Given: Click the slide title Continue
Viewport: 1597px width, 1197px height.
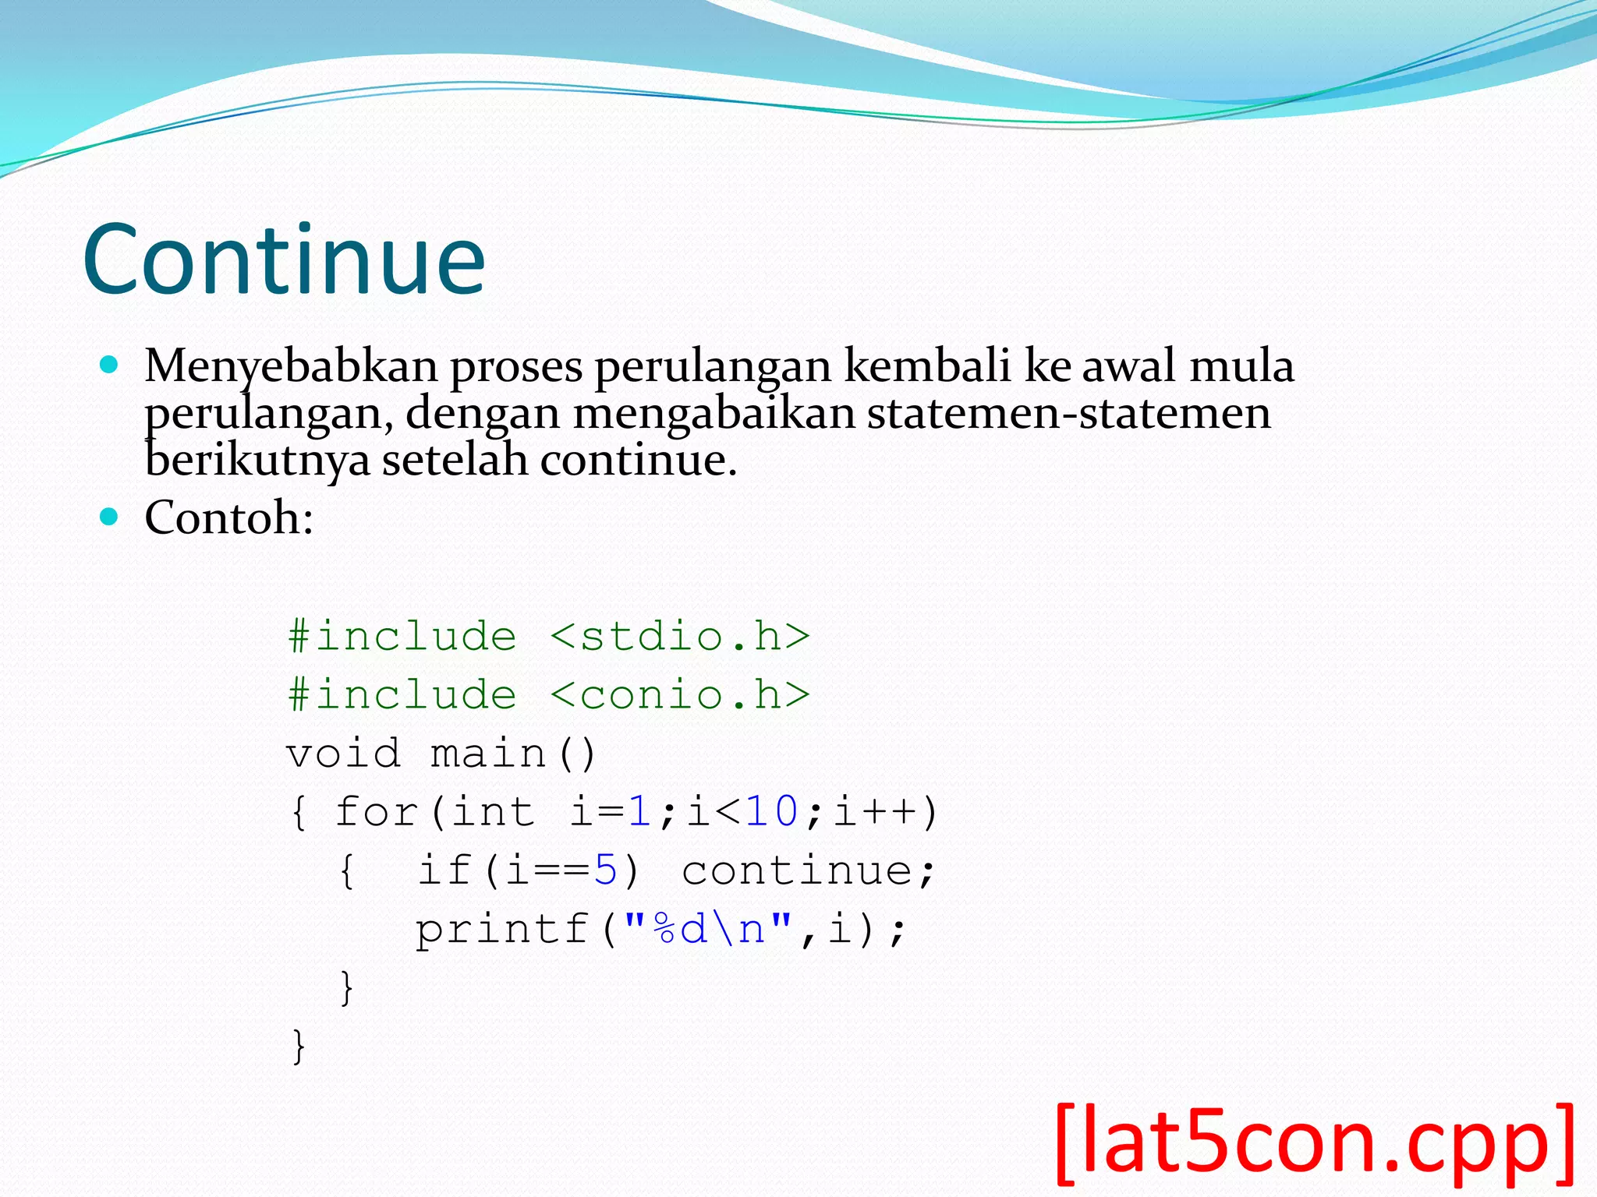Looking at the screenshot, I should point(284,259).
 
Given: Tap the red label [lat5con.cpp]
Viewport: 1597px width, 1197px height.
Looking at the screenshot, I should point(1315,1142).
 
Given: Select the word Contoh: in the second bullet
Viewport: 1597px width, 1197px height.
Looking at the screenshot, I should point(228,517).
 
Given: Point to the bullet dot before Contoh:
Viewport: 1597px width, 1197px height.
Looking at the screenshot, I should point(109,516).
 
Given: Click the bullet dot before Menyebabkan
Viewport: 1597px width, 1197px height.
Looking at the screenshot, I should point(109,365).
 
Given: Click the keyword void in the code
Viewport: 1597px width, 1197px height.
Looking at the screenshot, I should point(344,754).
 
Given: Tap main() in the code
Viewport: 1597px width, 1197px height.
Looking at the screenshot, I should point(513,754).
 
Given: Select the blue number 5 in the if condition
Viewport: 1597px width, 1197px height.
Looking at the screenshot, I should point(606,870).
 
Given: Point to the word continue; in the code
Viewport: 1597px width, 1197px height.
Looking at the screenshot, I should point(808,870).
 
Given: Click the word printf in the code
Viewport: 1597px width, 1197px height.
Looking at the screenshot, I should point(501,929).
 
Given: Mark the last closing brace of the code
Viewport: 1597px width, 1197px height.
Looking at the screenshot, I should point(299,1046).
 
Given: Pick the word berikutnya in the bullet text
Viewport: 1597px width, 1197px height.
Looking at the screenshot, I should point(257,460).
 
